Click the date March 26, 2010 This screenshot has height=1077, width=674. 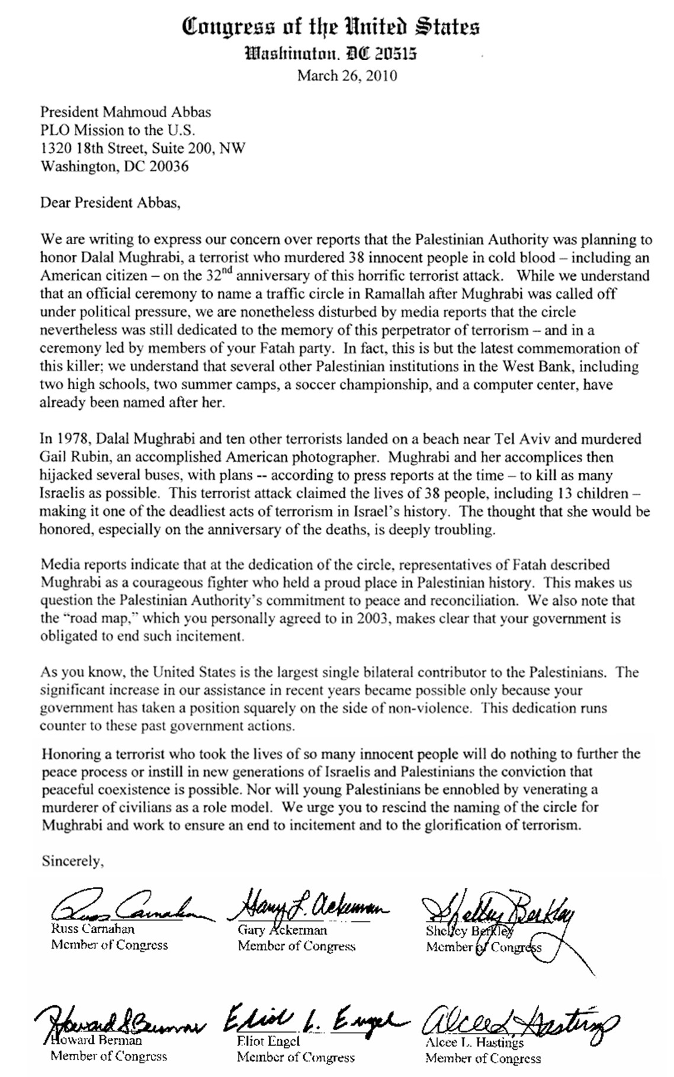coord(346,76)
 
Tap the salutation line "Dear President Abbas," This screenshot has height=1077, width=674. coord(109,203)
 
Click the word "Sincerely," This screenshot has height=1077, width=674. coord(72,861)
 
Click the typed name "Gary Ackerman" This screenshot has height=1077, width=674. coord(282,929)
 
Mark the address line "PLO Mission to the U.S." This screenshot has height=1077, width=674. coord(117,130)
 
